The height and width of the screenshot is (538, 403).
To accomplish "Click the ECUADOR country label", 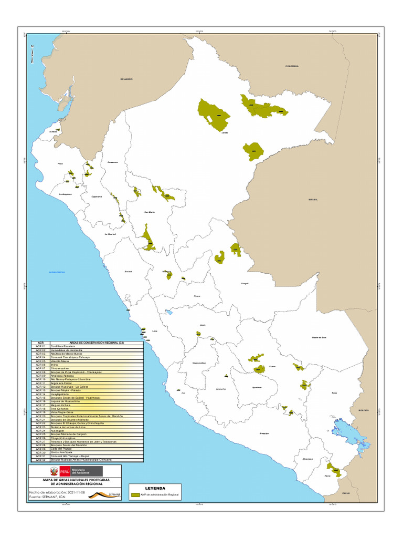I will [126, 79].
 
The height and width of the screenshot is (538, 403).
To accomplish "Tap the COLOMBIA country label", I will [292, 66].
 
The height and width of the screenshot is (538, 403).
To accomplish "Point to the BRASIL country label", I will [313, 200].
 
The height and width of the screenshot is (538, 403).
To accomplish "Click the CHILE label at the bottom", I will [346, 493].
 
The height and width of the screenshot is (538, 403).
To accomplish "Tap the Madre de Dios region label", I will [319, 337].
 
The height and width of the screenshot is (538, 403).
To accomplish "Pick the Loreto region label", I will [225, 133].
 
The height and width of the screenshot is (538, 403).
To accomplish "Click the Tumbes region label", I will [52, 132].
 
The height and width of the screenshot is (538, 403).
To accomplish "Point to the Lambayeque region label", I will [65, 195].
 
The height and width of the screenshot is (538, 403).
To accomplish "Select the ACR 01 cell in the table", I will [41, 347].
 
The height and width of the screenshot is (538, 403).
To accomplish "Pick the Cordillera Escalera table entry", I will [63, 347].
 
